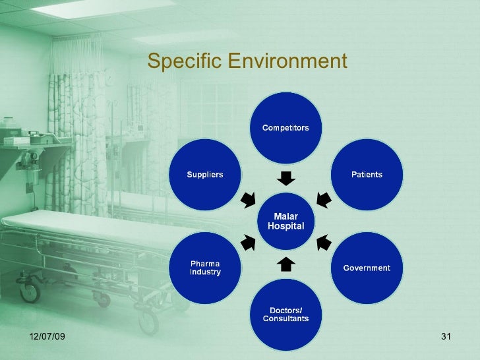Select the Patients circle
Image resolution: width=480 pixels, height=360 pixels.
pos(366,175)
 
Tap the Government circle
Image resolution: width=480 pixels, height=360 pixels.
pos(366,268)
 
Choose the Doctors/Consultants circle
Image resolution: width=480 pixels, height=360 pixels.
pos(285,315)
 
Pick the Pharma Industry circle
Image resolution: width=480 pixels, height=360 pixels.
pos(205,268)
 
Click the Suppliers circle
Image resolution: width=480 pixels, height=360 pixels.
pos(205,175)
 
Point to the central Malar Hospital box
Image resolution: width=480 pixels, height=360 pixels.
pos(285,222)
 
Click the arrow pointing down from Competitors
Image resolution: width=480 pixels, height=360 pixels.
pos(285,178)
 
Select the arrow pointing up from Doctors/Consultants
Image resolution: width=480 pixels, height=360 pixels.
pos(285,264)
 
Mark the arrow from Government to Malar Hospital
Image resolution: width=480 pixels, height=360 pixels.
pos(323,243)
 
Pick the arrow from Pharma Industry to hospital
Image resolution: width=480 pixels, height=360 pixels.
pos(249,243)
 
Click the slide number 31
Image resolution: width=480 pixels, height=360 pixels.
pos(444,338)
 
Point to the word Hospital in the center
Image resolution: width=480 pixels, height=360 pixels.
pos(285,226)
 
